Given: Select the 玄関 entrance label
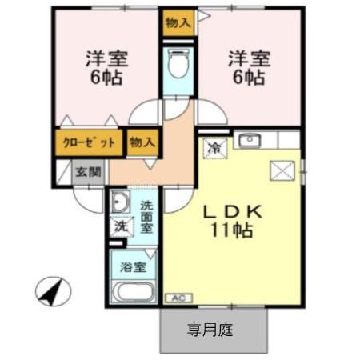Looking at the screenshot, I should (89, 171).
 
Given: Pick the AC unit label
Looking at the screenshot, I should (177, 298).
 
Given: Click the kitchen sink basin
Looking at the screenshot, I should (250, 142).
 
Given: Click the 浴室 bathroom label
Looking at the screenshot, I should (134, 266).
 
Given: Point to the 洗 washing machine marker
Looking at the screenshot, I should (121, 226).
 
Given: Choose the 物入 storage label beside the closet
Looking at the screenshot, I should (142, 143).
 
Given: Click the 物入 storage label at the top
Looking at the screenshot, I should (178, 22).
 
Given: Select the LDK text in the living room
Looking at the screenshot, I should (231, 213).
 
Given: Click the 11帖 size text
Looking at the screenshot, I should (233, 232).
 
